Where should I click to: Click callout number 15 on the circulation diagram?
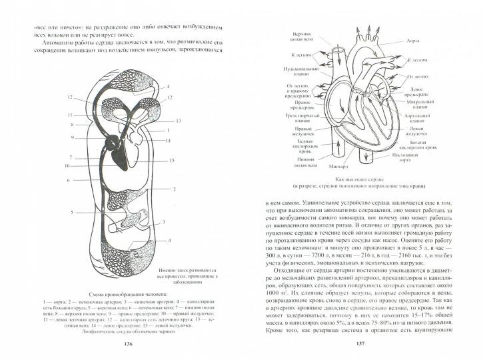(x=171, y=161)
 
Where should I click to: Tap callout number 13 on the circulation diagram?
(x=179, y=121)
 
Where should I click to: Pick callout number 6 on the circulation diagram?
(x=68, y=181)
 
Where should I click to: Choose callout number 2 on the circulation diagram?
(x=174, y=189)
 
